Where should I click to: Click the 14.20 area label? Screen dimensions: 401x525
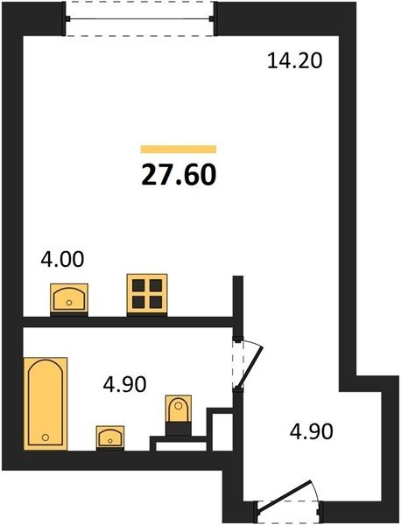pyautogui.click(x=295, y=61)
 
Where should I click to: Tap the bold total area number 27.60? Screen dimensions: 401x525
pyautogui.click(x=179, y=175)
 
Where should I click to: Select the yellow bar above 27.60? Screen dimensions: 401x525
pyautogui.click(x=179, y=149)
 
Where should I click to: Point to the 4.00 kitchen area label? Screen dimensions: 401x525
pyautogui.click(x=62, y=260)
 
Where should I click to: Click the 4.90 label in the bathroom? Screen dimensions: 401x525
pyautogui.click(x=124, y=384)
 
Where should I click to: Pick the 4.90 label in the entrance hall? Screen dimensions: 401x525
pyautogui.click(x=311, y=431)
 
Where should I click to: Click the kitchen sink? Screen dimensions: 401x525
pyautogui.click(x=69, y=298)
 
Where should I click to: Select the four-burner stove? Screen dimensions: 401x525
pyautogui.click(x=147, y=294)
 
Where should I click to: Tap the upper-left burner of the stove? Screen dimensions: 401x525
pyautogui.click(x=138, y=285)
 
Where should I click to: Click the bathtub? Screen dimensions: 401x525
pyautogui.click(x=46, y=403)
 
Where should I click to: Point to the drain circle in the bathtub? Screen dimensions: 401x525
pyautogui.click(x=46, y=437)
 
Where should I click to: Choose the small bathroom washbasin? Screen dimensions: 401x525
pyautogui.click(x=110, y=437)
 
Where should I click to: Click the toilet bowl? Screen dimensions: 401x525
pyautogui.click(x=179, y=409)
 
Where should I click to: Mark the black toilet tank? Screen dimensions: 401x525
pyautogui.click(x=179, y=429)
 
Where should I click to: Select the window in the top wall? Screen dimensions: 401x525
pyautogui.click(x=139, y=18)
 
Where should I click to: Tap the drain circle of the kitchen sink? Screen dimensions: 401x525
pyautogui.click(x=69, y=303)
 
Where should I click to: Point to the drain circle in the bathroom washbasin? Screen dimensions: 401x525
pyautogui.click(x=110, y=441)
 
